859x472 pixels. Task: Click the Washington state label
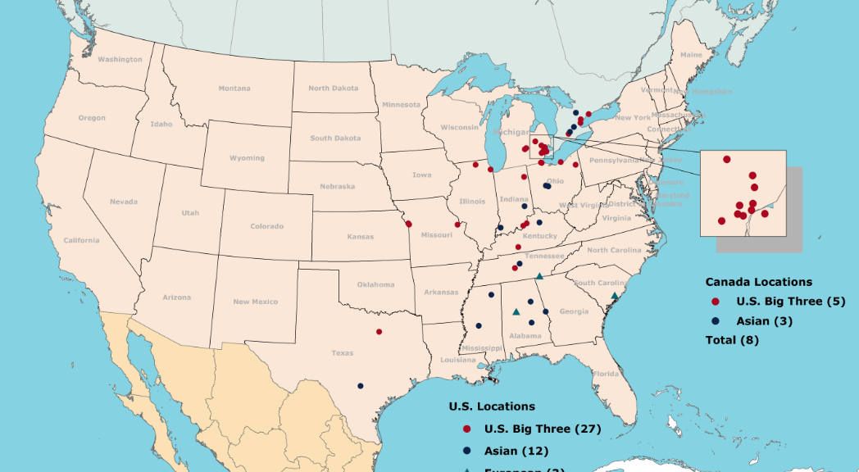(120, 59)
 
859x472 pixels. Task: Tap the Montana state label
(234, 88)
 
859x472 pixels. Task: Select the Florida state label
(606, 374)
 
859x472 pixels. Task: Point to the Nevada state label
(124, 202)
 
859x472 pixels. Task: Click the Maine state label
(691, 55)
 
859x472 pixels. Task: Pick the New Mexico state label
(255, 302)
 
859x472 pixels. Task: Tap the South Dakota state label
(335, 138)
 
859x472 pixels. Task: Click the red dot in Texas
(379, 332)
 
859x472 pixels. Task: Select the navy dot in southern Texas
(360, 386)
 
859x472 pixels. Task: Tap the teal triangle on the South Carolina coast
(615, 296)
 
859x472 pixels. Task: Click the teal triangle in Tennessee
(539, 276)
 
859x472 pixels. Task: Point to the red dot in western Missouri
(408, 225)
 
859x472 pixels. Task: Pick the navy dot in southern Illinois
(499, 227)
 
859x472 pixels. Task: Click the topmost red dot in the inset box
(726, 159)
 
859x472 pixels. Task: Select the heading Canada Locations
(758, 282)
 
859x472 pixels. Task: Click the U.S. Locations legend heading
(492, 406)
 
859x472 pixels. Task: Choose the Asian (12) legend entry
(516, 451)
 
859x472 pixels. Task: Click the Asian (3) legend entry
(764, 320)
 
